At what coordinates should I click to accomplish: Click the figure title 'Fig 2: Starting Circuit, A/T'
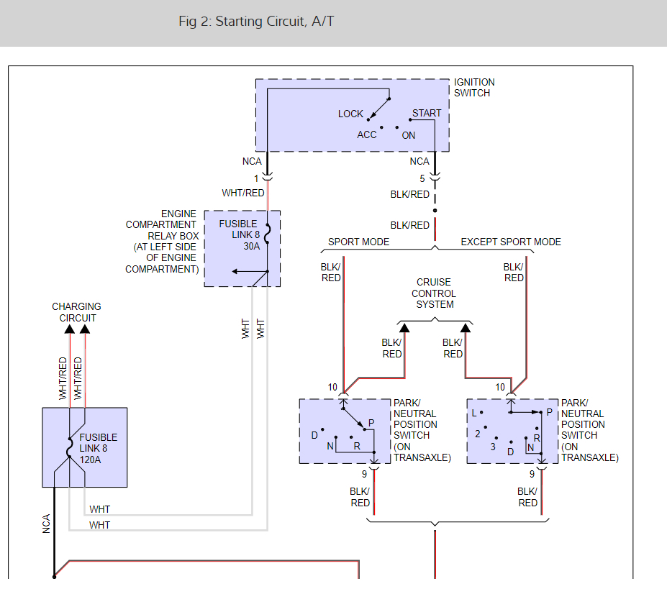click(x=256, y=22)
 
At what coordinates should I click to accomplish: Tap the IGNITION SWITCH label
click(x=474, y=88)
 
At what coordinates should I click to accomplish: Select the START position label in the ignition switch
click(x=426, y=113)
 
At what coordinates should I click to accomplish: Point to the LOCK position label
click(x=350, y=114)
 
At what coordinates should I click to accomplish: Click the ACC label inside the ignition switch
click(x=367, y=134)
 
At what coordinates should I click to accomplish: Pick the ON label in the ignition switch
click(x=409, y=136)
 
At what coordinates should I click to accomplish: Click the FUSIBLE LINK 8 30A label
click(x=239, y=234)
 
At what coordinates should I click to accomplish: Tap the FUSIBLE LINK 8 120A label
click(x=99, y=449)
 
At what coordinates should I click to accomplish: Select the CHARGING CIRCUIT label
click(x=76, y=312)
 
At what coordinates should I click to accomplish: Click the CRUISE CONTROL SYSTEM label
click(x=434, y=293)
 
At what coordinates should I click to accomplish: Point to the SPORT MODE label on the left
click(x=358, y=242)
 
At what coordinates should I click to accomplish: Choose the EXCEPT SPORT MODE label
click(x=511, y=242)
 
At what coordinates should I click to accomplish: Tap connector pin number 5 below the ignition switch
click(x=422, y=178)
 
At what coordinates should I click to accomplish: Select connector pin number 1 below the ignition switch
click(x=256, y=178)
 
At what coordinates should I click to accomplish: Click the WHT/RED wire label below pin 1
click(x=243, y=193)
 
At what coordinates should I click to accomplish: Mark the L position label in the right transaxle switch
click(x=474, y=413)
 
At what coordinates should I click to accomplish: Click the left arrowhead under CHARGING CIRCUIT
click(x=70, y=329)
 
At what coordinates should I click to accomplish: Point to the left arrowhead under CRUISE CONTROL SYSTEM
click(x=404, y=327)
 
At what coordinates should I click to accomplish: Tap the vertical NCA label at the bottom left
click(x=46, y=524)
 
